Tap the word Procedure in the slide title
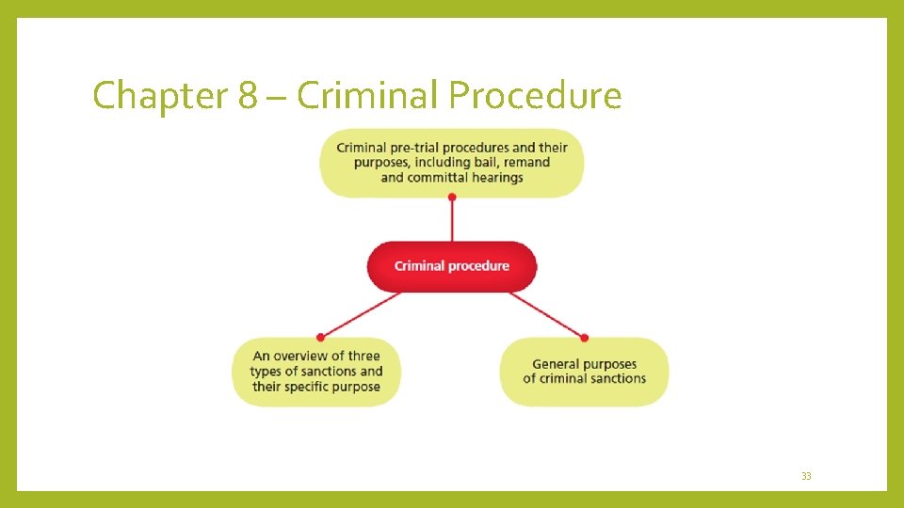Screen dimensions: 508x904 coord(535,96)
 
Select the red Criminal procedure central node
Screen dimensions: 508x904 coord(452,266)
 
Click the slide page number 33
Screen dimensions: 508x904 coord(806,477)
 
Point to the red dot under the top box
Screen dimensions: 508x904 coord(452,197)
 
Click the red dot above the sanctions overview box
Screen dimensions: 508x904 coord(320,336)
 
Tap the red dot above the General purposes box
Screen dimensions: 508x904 coord(585,337)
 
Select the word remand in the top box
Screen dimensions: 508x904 coord(527,162)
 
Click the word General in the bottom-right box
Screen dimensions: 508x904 coord(556,364)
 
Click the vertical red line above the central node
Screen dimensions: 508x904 coord(452,220)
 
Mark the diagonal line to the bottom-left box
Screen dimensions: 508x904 coord(361,313)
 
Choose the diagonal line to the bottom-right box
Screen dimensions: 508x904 coord(546,313)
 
